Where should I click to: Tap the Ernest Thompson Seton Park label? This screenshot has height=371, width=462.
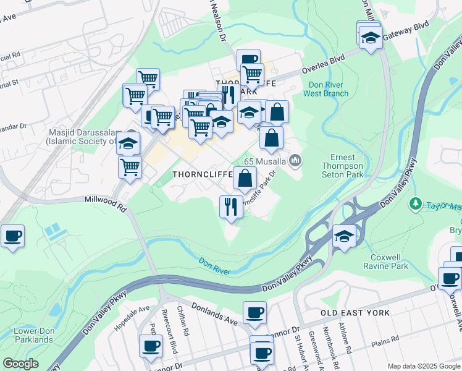click(342, 166)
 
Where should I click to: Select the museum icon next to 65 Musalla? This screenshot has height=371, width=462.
click(296, 161)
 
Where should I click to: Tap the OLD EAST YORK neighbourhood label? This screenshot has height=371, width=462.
click(355, 313)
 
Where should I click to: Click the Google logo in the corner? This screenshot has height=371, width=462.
click(20, 364)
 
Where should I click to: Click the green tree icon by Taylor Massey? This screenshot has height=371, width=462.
click(416, 203)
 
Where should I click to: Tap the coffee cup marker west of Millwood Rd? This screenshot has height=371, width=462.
click(12, 236)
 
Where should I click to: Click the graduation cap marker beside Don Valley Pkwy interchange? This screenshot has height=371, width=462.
click(344, 236)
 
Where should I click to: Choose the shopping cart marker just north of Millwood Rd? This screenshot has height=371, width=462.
click(130, 167)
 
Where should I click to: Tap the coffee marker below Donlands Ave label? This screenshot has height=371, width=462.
click(254, 313)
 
